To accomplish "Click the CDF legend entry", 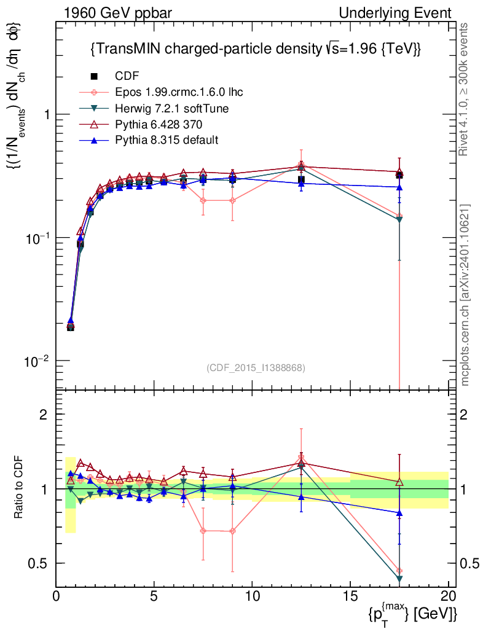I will (x=127, y=76).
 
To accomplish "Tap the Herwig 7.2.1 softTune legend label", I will (x=173, y=108).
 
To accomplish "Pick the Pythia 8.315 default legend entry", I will (x=167, y=140).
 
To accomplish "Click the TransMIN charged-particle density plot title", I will (x=255, y=49).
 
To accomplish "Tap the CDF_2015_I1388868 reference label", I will (x=256, y=367).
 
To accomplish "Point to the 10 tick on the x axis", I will (x=252, y=596).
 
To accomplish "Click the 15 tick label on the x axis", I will (x=350, y=596).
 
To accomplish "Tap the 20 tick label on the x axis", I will (x=448, y=596).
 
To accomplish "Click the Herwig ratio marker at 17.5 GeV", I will (x=399, y=579).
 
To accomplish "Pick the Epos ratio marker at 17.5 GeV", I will (x=399, y=571).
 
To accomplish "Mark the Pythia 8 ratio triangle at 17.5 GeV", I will (x=399, y=512).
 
